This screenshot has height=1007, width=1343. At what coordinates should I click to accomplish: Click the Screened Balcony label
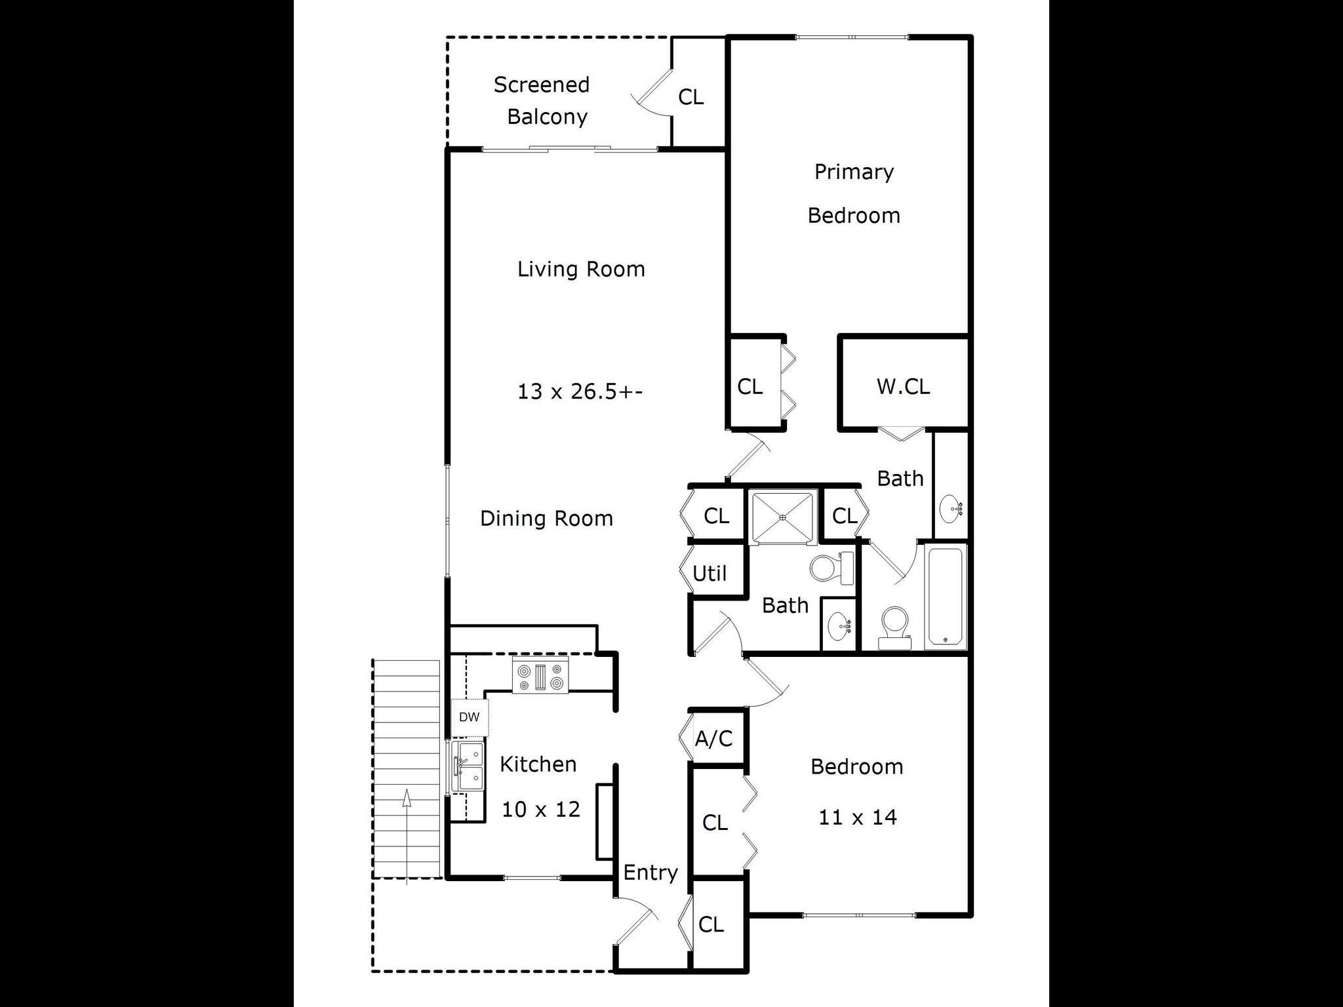pyautogui.click(x=542, y=100)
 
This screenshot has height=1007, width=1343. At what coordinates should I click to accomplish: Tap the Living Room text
pyautogui.click(x=581, y=269)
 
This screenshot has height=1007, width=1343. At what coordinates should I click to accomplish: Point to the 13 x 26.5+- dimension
pyautogui.click(x=580, y=391)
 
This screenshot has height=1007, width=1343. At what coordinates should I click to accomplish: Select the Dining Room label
pyautogui.click(x=546, y=518)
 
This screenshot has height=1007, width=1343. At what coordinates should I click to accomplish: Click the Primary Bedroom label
pyautogui.click(x=854, y=193)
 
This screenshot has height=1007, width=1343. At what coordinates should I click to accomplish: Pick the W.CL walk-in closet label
pyautogui.click(x=903, y=386)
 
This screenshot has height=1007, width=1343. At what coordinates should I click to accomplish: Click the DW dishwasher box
pyautogui.click(x=469, y=717)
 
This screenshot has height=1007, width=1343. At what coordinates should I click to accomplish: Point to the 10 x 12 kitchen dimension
pyautogui.click(x=541, y=810)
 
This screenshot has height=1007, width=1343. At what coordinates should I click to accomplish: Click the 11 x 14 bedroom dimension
pyautogui.click(x=857, y=817)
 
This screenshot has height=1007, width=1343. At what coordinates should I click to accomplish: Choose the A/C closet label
pyautogui.click(x=713, y=739)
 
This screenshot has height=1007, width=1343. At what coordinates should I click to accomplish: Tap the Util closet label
pyautogui.click(x=710, y=574)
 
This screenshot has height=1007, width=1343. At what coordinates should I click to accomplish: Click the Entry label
pyautogui.click(x=650, y=873)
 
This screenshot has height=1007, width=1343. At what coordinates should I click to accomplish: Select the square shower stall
pyautogui.click(x=782, y=517)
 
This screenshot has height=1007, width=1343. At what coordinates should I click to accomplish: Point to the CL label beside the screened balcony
pyautogui.click(x=691, y=97)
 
